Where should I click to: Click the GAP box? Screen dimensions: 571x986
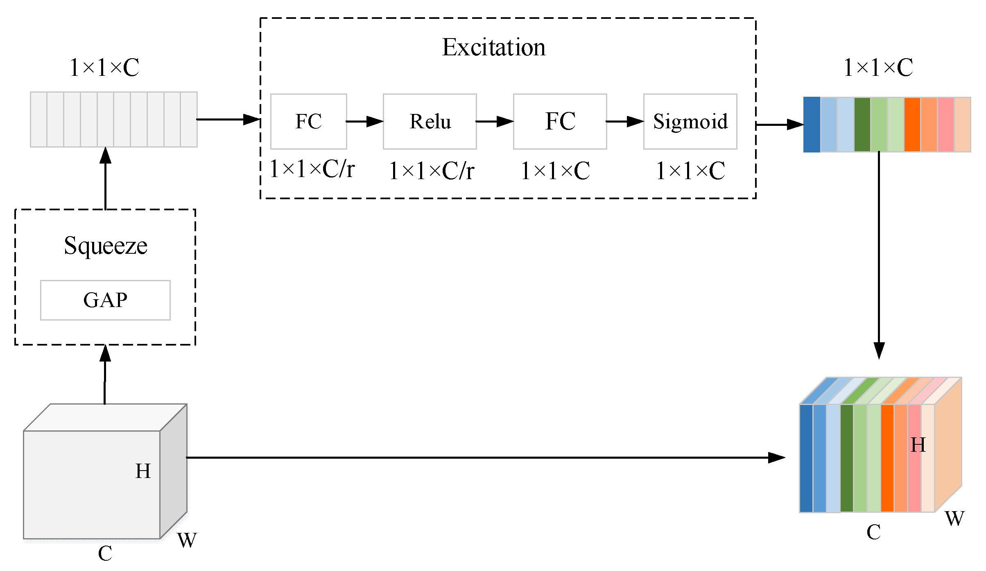[105, 300]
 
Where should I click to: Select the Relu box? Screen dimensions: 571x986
[430, 122]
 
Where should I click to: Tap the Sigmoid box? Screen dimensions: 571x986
[690, 122]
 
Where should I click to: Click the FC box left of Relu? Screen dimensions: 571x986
[308, 122]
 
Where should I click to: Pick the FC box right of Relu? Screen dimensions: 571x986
[560, 122]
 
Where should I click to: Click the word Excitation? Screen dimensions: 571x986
[493, 48]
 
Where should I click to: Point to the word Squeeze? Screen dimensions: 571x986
[105, 246]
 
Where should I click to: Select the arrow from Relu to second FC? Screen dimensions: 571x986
[495, 122]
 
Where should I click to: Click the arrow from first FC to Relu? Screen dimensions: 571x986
[364, 122]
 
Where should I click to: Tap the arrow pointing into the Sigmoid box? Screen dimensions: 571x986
[625, 122]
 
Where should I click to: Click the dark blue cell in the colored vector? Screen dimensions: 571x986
[812, 125]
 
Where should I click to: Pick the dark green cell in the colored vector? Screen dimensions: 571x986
[862, 125]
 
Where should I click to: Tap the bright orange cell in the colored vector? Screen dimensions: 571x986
[912, 125]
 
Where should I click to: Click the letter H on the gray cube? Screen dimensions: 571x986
[143, 471]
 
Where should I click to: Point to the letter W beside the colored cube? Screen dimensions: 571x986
[954, 519]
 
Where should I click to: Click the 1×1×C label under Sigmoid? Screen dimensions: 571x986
[690, 171]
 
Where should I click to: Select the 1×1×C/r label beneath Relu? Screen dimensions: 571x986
[431, 171]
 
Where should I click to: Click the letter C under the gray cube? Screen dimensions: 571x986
[105, 554]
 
